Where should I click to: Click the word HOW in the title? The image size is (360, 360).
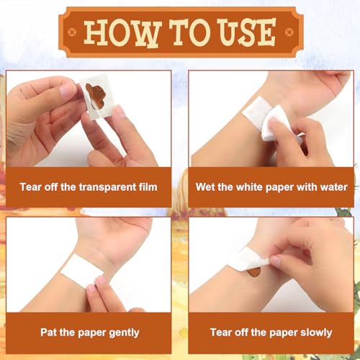121,32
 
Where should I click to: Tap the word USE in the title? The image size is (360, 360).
248,32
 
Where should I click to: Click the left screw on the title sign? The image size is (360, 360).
72,32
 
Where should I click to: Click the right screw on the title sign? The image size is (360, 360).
289,32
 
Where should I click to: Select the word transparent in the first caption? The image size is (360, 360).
107,187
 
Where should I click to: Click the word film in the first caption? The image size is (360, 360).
148,186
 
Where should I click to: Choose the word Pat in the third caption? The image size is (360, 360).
48,333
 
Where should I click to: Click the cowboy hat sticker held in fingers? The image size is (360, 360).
96,96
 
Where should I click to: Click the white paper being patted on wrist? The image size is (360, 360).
82,268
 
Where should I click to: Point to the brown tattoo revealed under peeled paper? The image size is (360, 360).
254,273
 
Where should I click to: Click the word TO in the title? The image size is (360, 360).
188,32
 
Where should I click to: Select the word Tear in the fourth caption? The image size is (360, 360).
221,333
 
